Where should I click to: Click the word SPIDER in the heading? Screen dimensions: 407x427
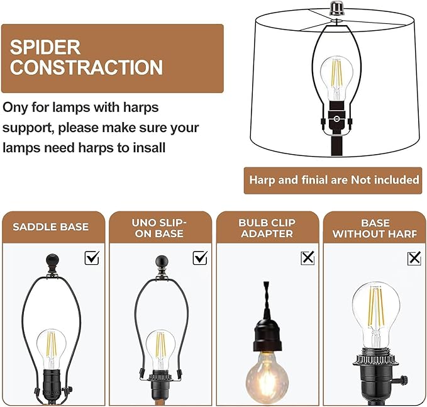(45, 47)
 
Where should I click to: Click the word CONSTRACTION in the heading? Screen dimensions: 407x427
(86, 67)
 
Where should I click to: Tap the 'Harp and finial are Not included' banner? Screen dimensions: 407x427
(334, 180)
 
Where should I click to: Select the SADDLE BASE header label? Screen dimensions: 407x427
(51, 227)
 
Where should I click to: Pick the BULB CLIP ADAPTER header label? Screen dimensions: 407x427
(266, 228)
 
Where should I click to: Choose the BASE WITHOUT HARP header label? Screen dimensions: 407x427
(375, 228)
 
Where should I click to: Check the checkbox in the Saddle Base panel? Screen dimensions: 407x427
(92, 257)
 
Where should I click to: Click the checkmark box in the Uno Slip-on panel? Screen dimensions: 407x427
(200, 257)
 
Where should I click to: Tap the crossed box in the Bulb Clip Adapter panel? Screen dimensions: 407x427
(308, 257)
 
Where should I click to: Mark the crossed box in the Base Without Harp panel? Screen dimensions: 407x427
(414, 258)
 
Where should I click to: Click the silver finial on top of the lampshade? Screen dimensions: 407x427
(335, 11)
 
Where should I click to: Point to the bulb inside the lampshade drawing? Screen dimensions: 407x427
(335, 75)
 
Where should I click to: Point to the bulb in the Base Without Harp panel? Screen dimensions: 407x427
(375, 312)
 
